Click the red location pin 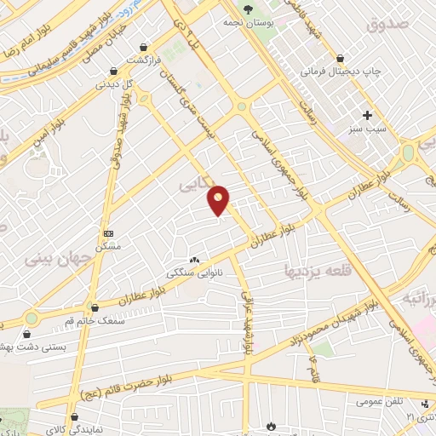(219, 200)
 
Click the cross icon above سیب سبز (368, 115)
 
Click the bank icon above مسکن (108, 232)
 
